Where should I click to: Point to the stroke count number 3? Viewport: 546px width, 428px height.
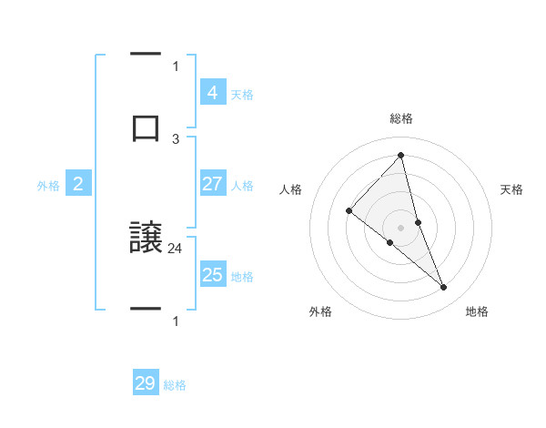click(176, 138)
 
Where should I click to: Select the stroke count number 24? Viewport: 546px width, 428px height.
click(176, 247)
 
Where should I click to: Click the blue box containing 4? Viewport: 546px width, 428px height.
click(212, 93)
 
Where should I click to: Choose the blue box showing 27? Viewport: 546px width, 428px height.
click(212, 184)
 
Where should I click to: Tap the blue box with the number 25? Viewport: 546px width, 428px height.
click(212, 275)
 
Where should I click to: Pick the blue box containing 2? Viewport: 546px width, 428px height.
click(78, 184)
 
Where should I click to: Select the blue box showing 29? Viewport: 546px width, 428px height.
click(146, 383)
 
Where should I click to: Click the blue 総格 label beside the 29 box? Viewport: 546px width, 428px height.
click(175, 385)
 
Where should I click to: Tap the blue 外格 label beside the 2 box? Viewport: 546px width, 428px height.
click(48, 186)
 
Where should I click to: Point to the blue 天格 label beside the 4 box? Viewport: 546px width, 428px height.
click(242, 95)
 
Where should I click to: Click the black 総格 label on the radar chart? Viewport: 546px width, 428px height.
click(400, 118)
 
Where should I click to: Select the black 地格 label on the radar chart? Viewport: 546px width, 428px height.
click(477, 312)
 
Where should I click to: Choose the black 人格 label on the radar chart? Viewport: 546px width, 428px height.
click(291, 189)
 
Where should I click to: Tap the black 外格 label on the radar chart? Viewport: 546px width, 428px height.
click(320, 312)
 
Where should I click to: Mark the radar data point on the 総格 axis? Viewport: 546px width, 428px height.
click(400, 156)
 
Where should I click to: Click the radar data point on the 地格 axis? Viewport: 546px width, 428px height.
click(444, 288)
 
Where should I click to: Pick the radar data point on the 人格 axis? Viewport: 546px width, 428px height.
click(349, 211)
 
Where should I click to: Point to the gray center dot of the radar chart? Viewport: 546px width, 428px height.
click(400, 227)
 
